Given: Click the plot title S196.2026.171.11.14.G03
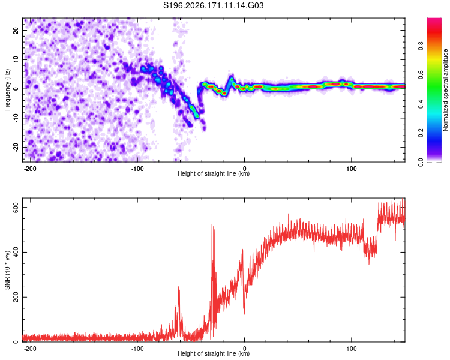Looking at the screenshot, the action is point(213,5).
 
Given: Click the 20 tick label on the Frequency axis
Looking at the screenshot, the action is point(16,30).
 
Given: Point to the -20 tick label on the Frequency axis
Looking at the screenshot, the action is point(16,147).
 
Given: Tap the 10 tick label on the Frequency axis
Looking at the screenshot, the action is point(16,59).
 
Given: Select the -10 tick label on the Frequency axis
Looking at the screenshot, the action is point(16,118).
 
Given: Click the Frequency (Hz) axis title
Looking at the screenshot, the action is point(7,90).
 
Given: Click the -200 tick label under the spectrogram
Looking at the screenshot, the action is point(30,169).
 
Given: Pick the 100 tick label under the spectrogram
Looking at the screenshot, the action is point(351,169).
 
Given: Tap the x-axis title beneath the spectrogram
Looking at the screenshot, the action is point(214,173).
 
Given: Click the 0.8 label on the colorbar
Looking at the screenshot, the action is point(421,46).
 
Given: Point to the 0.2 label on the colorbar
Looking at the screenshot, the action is point(421,133).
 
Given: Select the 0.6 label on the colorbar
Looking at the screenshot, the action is point(421,75).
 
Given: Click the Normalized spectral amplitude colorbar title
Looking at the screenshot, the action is point(445,90).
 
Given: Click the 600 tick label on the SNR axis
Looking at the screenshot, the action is point(16,207).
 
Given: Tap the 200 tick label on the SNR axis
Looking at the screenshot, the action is point(16,297).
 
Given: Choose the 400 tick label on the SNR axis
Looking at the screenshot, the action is point(16,252).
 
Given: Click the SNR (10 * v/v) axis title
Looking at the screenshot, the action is point(7,270).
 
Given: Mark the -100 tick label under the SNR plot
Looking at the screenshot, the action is point(137,349).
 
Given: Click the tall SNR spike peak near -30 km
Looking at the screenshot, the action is point(212,224).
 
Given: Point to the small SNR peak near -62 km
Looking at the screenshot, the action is point(179,287).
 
